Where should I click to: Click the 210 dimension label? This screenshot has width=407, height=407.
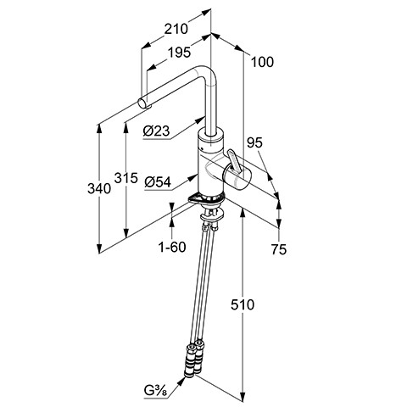coord(176,29)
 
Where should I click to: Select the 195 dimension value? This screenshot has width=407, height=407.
coord(179,53)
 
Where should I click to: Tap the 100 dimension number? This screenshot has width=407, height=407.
coord(262,62)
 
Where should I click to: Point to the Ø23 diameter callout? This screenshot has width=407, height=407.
coord(156,131)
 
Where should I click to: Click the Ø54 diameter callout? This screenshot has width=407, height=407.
coord(158,182)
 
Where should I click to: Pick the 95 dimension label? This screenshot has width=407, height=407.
coord(254,143)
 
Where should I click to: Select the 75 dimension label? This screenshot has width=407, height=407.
coord(279,249)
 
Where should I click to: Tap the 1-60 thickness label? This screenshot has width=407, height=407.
coord(172,247)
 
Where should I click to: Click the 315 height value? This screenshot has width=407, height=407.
coord(126,178)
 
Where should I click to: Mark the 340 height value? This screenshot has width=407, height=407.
coord(99,188)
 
